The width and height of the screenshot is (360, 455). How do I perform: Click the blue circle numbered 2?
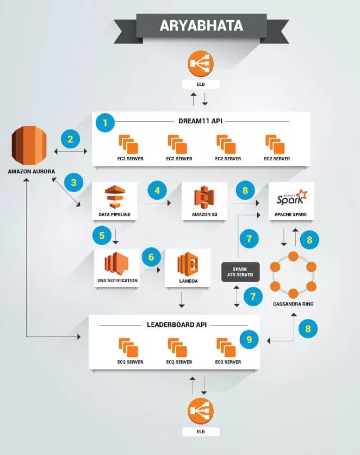tap(70, 140)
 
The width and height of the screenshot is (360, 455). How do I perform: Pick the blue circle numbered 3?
tap(73, 182)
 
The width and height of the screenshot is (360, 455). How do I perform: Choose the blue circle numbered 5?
tap(102, 235)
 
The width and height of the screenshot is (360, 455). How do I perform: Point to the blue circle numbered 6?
tap(151, 257)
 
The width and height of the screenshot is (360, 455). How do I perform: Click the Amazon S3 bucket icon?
tap(204, 198)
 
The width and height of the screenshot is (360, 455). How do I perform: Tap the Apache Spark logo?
tap(291, 196)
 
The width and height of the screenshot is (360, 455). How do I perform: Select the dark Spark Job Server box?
tap(240, 271)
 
